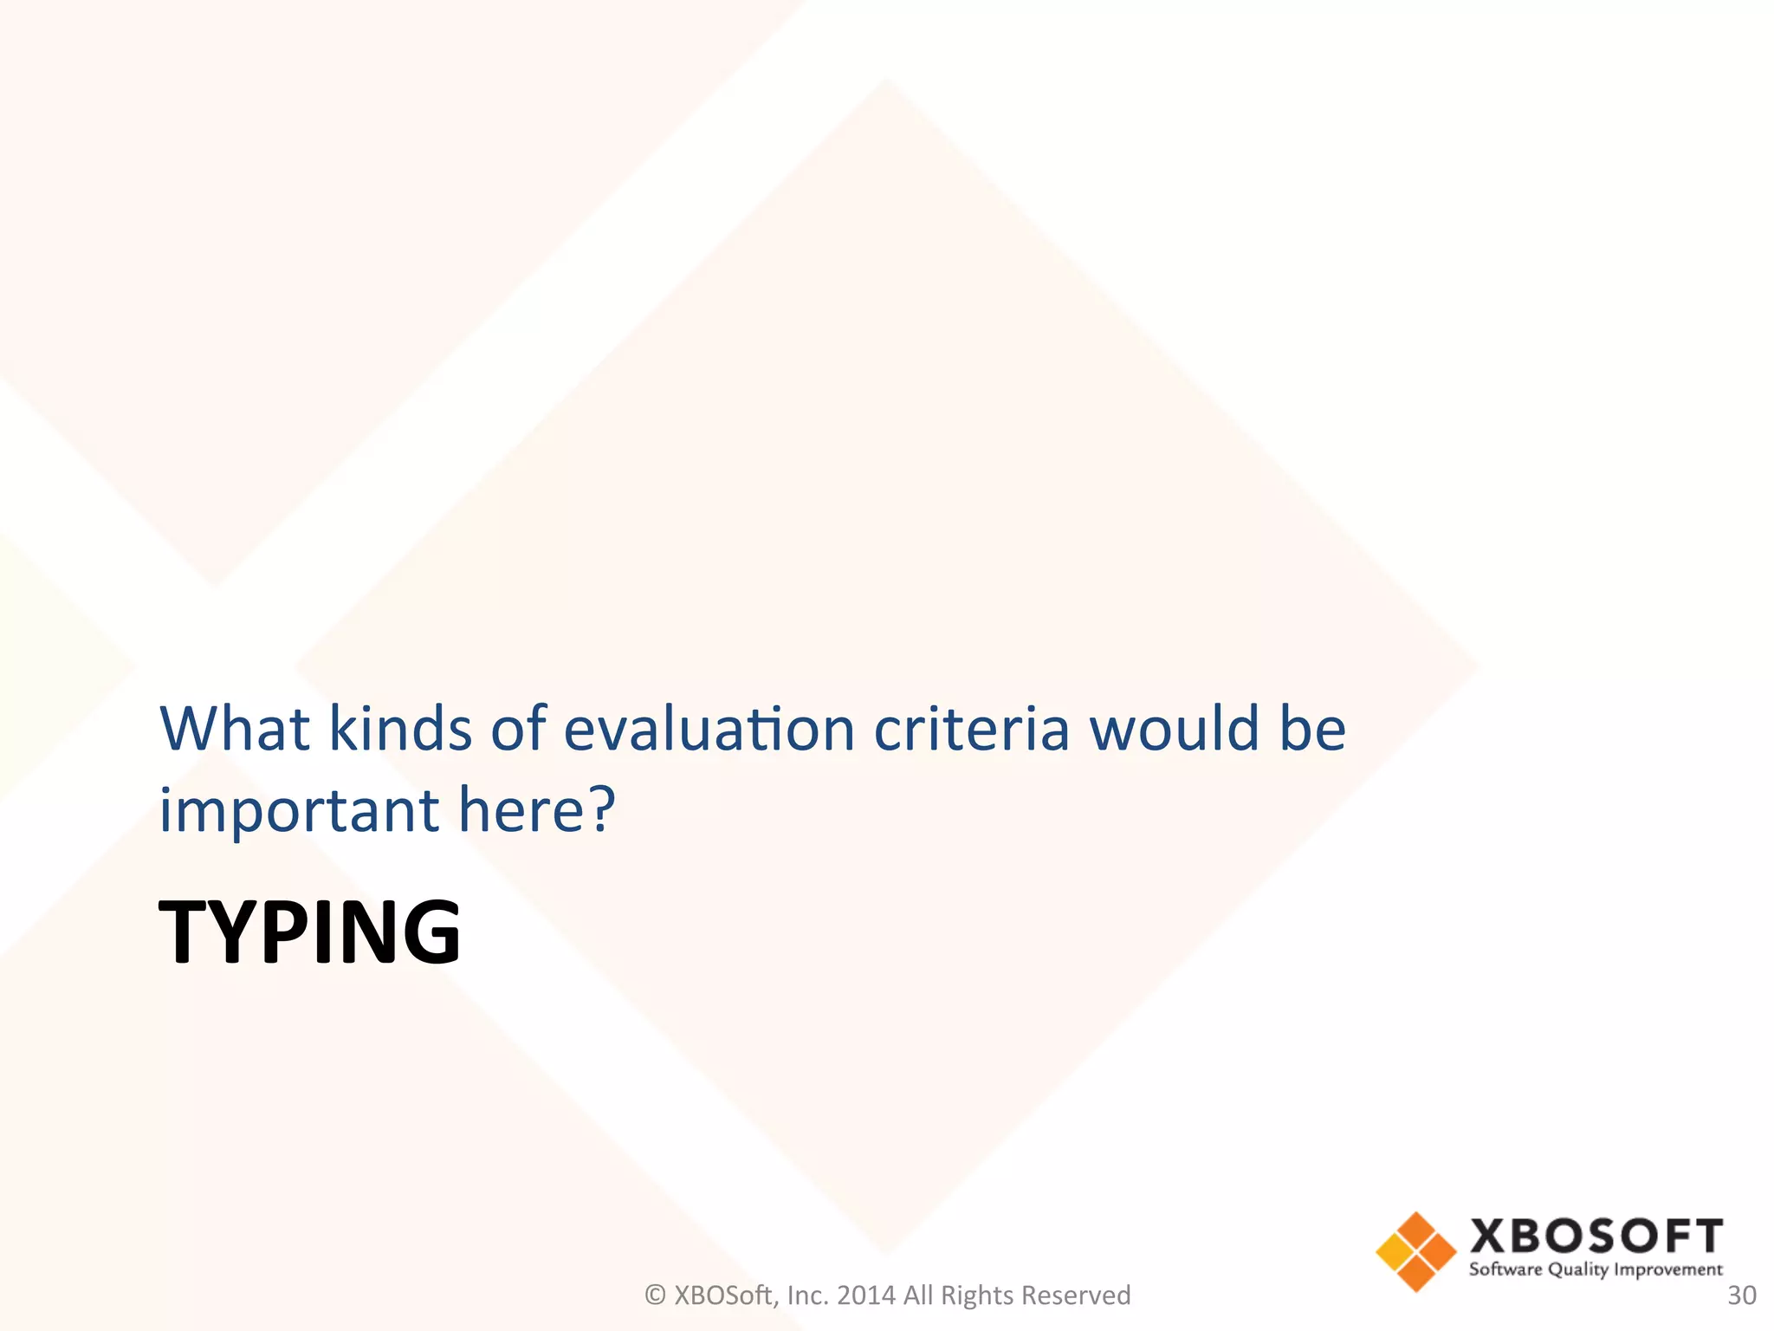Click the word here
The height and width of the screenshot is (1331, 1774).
pos(523,810)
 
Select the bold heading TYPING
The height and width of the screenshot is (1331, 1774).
pos(309,932)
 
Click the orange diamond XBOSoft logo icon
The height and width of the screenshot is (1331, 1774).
pos(1415,1251)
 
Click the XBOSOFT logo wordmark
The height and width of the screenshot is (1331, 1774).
pos(1596,1236)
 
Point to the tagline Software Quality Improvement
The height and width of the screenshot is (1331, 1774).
pos(1596,1270)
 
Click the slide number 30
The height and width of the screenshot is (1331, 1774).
pos(1742,1295)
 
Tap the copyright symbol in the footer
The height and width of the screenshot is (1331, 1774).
pos(656,1295)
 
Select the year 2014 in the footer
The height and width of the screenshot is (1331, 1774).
pos(866,1295)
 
